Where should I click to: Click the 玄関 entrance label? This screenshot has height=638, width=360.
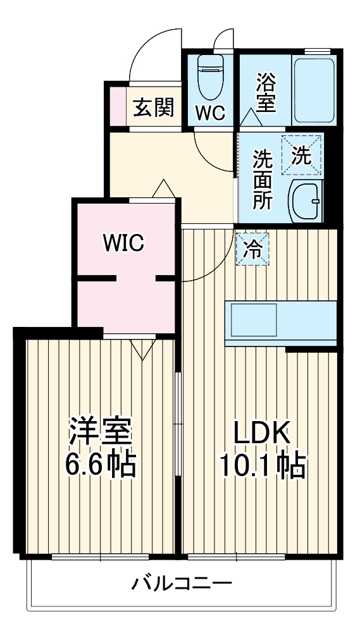pos(152,108)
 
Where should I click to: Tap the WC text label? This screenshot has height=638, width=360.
pos(209,113)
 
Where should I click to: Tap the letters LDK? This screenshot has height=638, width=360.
pos(262,434)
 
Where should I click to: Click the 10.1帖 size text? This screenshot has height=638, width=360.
pos(262,467)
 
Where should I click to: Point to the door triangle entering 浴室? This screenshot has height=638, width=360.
pos(249,116)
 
